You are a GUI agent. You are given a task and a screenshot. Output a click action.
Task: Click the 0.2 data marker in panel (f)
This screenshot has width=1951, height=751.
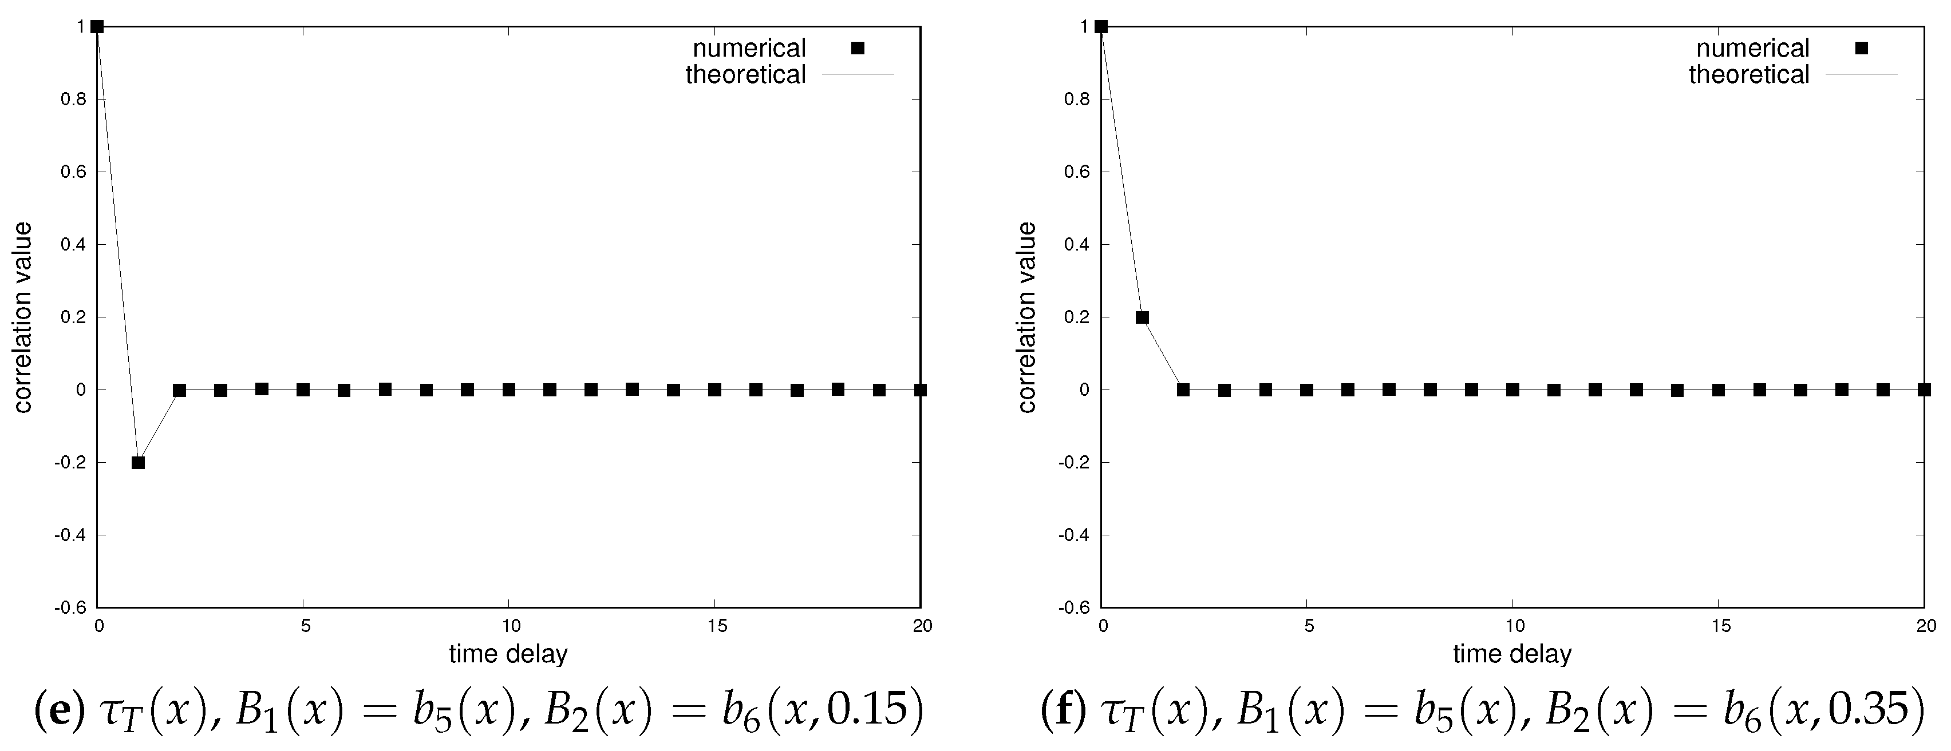(x=1142, y=317)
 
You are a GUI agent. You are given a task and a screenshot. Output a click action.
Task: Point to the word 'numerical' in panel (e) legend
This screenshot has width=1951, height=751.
(x=749, y=49)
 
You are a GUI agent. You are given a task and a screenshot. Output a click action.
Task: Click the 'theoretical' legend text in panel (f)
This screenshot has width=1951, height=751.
(x=1749, y=74)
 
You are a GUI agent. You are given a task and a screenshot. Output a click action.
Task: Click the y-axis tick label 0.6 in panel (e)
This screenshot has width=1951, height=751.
(x=75, y=172)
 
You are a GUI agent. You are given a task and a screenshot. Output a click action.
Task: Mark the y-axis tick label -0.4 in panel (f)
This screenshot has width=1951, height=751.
(x=1076, y=535)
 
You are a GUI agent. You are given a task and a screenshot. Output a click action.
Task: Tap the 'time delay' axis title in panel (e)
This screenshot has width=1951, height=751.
(x=508, y=653)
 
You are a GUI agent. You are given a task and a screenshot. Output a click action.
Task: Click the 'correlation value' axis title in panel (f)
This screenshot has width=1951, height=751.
(x=1027, y=317)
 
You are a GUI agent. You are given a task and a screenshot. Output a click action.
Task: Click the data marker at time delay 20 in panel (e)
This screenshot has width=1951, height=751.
(x=920, y=390)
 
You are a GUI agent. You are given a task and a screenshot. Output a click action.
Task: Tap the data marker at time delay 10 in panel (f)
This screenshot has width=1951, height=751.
(x=1512, y=390)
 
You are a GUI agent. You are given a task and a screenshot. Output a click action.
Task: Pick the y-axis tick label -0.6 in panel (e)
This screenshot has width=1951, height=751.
(x=73, y=608)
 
